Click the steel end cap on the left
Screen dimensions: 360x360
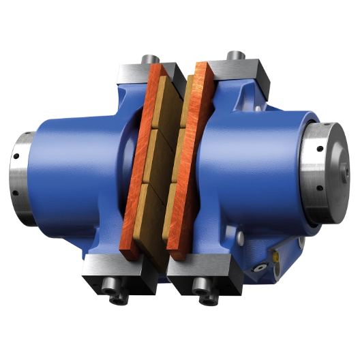[20, 173]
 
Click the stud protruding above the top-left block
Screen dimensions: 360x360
[146, 54]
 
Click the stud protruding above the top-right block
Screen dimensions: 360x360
[234, 52]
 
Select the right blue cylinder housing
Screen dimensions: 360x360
[259, 170]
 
